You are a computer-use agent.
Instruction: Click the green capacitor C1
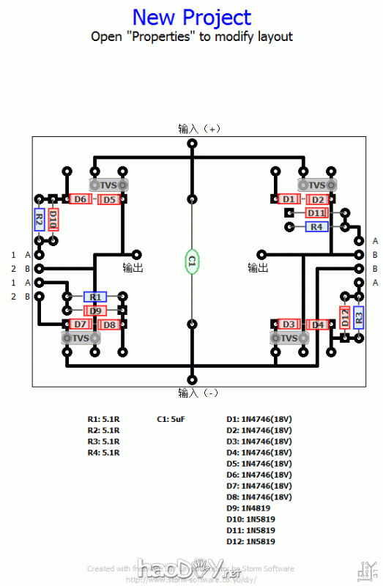(192, 261)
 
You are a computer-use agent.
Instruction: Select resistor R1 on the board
(94, 297)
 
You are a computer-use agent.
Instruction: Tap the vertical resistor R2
(40, 220)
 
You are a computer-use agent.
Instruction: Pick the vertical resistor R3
(359, 317)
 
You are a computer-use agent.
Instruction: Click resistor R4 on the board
(316, 227)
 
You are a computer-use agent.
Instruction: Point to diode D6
(80, 199)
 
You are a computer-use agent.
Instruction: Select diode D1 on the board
(289, 199)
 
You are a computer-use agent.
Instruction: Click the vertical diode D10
(53, 220)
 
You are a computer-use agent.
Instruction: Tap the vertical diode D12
(345, 317)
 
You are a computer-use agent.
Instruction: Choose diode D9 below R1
(95, 311)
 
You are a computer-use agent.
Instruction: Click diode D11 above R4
(316, 213)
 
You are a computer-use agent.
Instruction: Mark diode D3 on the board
(289, 324)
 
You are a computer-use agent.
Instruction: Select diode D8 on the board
(108, 324)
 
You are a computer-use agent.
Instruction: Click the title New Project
(192, 18)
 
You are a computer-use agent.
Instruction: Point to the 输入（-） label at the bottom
(198, 393)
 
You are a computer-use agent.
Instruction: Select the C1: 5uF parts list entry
(171, 420)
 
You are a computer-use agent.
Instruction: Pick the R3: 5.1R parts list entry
(103, 442)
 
